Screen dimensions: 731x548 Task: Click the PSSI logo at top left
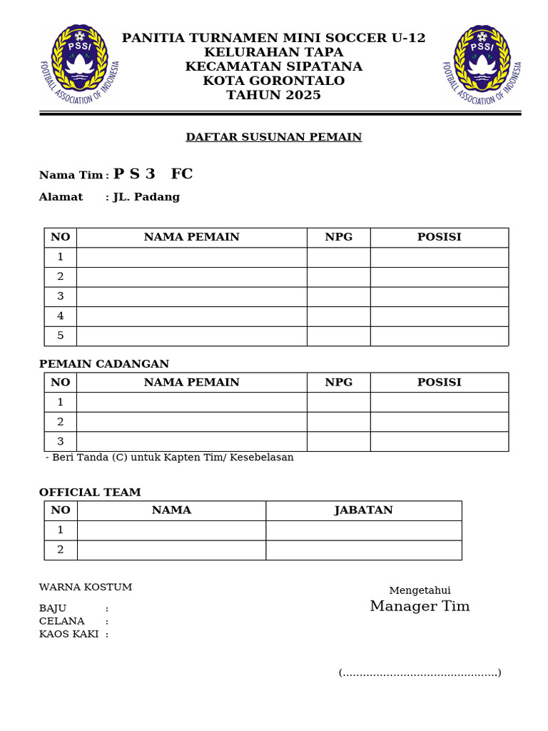[x=79, y=63]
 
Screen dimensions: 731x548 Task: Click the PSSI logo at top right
[x=482, y=63]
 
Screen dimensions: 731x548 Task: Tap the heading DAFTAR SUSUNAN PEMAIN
[x=274, y=137]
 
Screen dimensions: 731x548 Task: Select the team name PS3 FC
[x=153, y=174]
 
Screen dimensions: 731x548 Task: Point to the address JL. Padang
[x=146, y=197]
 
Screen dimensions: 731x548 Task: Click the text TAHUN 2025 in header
[x=274, y=96]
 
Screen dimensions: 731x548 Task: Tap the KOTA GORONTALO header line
[x=274, y=81]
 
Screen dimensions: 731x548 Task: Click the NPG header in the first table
[x=339, y=237]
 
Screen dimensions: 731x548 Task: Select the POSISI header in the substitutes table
[x=440, y=382]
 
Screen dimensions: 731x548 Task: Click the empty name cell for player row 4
[x=192, y=316]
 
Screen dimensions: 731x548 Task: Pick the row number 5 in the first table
[x=61, y=336]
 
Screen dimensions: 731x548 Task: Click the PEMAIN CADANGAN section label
[x=104, y=364]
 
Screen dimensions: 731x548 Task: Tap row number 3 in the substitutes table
[x=61, y=441]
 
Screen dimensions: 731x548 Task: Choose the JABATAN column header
[x=364, y=510]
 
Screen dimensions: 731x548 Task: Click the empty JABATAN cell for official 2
[x=364, y=550]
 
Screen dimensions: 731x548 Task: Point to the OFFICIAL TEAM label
[x=90, y=493]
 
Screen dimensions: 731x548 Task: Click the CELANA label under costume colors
[x=62, y=621]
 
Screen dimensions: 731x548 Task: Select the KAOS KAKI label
[x=68, y=634]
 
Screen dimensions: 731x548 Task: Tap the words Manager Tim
[x=420, y=607]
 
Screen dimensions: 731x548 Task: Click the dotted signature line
[x=420, y=672]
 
